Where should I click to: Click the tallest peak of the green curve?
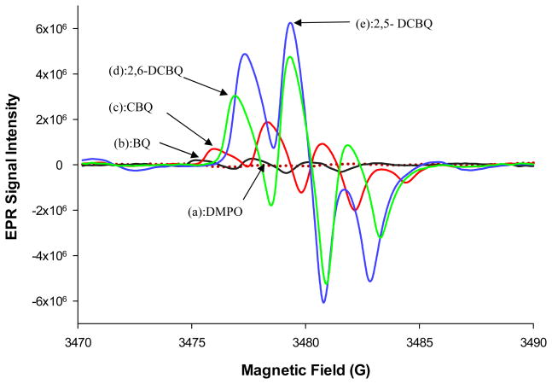[x=290, y=57]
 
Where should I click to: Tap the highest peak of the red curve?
[x=268, y=122]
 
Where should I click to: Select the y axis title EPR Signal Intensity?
[x=15, y=165]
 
